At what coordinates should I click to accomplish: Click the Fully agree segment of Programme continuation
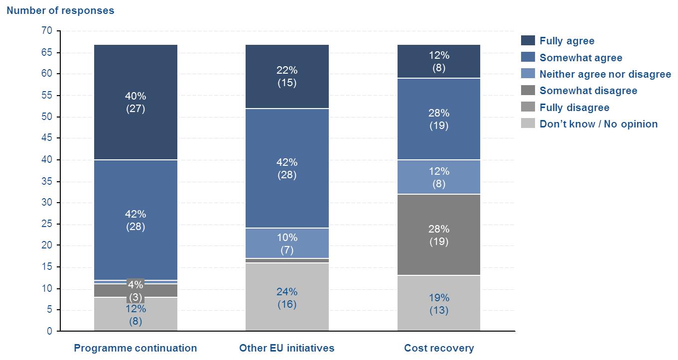pos(136,102)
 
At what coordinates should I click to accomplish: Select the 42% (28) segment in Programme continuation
pos(136,220)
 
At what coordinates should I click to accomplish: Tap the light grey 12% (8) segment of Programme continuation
pos(136,315)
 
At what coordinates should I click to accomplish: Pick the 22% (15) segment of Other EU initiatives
pos(287,77)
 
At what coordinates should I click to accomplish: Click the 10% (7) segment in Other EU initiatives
pos(287,243)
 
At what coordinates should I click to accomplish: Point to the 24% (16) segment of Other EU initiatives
pos(287,297)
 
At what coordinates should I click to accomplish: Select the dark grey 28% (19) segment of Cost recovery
pos(438,235)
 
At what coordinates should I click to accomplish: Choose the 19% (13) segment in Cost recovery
pos(438,303)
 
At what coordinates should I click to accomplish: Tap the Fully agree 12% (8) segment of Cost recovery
pos(438,61)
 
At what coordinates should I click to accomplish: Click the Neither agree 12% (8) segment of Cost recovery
pos(438,177)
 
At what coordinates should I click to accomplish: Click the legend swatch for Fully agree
pos(528,41)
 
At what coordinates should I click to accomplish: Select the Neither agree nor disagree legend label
pos(605,74)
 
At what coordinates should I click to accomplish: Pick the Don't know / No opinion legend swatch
pos(528,124)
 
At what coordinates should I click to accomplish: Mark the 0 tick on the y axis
pos(49,331)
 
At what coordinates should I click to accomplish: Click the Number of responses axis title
pos(60,10)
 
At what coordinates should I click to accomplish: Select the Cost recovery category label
pos(439,348)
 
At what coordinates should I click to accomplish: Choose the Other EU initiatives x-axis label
pos(287,348)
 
